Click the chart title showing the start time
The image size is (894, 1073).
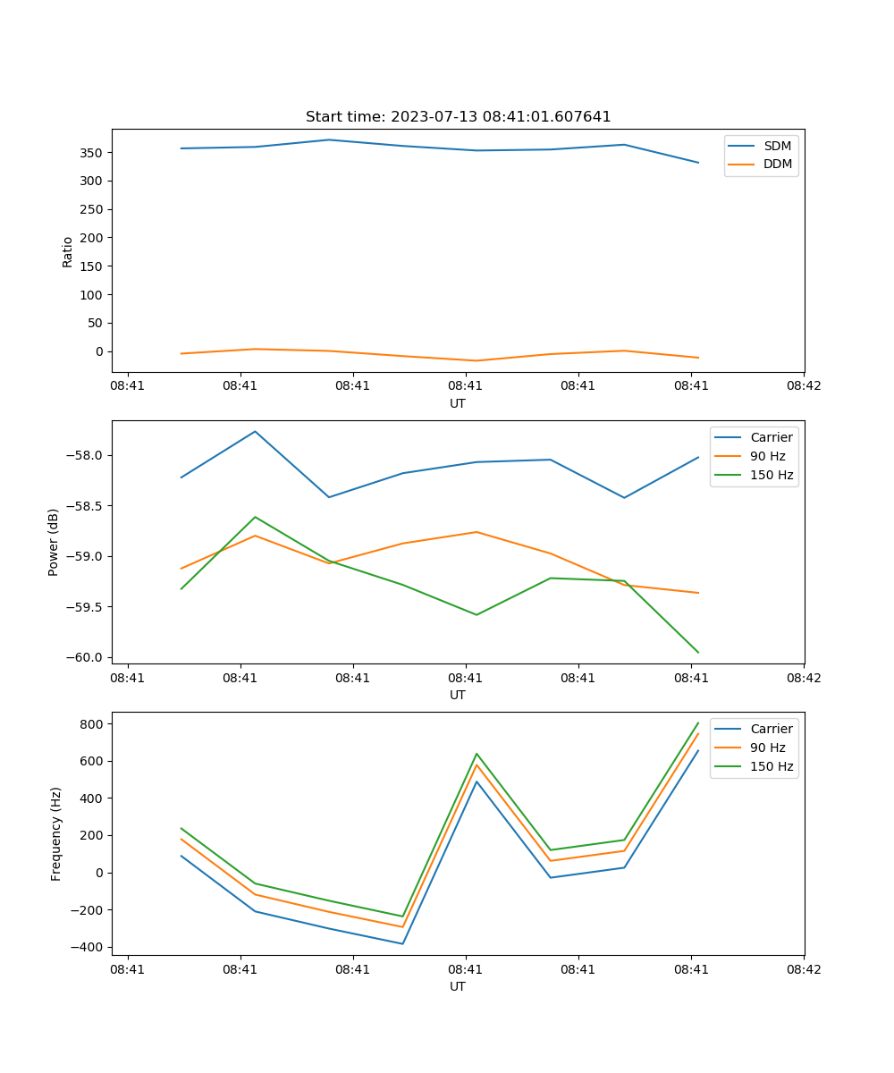[x=458, y=117]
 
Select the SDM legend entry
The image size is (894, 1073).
[x=777, y=146]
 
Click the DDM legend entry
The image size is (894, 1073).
[x=777, y=165]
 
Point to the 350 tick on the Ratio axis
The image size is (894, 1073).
[x=93, y=153]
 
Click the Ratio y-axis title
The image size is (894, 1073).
[x=67, y=251]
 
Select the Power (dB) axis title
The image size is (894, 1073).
[x=54, y=542]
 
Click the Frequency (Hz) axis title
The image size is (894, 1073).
[x=55, y=833]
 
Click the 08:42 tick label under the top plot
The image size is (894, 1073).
[x=803, y=386]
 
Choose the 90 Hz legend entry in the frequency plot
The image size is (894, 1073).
[x=768, y=748]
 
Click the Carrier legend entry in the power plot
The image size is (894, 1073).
[x=771, y=437]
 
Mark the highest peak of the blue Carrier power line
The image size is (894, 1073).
[x=256, y=432]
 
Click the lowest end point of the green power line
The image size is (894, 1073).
[x=698, y=653]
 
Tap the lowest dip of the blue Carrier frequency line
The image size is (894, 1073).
[x=403, y=943]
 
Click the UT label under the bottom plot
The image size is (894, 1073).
[x=458, y=986]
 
